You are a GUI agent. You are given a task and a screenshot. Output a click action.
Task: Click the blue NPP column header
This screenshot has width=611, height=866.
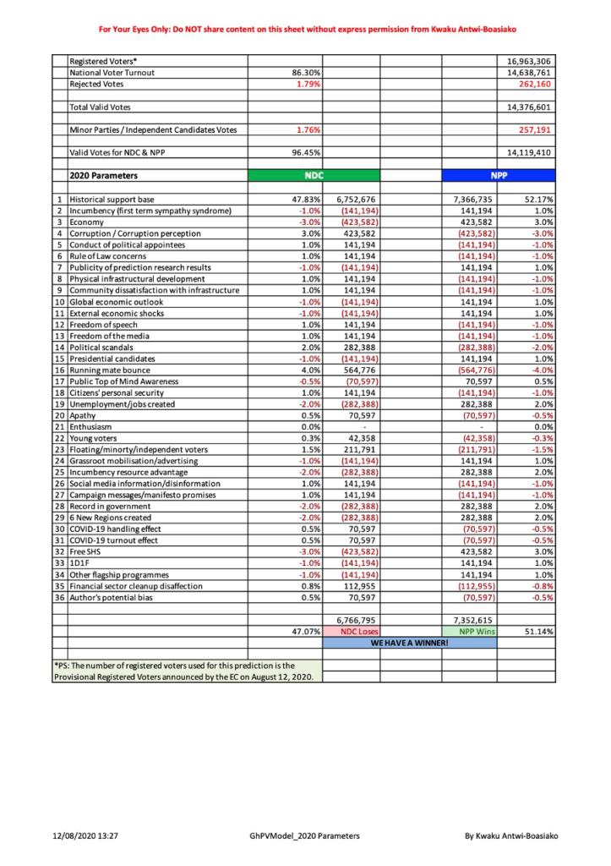click(499, 176)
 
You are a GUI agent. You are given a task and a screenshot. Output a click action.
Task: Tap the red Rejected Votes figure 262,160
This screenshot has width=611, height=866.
click(535, 85)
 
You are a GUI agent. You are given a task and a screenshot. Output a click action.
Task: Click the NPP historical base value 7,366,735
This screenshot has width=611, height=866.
click(470, 199)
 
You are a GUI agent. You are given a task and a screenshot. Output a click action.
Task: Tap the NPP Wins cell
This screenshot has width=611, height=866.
click(469, 631)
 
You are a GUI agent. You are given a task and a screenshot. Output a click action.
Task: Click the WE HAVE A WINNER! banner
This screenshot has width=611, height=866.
click(409, 643)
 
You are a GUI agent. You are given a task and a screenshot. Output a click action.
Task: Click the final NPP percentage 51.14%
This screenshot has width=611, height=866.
click(538, 631)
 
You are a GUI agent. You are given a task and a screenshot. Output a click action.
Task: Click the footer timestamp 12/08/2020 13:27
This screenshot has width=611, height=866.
click(81, 836)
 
